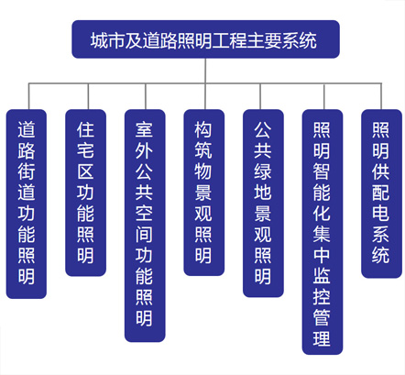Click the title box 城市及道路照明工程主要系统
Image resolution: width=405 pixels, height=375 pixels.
tap(205, 39)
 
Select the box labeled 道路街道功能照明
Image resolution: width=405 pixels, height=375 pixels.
tap(27, 204)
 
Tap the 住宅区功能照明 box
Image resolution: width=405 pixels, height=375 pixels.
tap(85, 193)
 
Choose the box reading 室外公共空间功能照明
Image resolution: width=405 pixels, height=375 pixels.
tap(145, 226)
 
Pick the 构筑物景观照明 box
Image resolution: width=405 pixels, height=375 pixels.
tap(203, 193)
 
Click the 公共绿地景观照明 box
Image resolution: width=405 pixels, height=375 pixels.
tap(263, 204)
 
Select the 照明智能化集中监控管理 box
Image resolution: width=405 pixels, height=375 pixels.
tap(323, 232)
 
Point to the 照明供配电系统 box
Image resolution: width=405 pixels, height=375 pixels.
tap(381, 193)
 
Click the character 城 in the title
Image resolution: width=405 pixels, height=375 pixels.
tap(99, 40)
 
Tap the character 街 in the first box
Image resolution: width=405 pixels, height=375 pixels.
tap(27, 171)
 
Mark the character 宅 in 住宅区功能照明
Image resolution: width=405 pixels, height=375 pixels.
tap(85, 150)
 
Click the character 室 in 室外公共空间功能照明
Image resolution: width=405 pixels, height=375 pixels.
tap(144, 129)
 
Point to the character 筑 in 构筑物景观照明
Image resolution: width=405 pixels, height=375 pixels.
tap(203, 150)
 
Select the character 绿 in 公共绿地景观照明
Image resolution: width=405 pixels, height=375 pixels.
tap(263, 171)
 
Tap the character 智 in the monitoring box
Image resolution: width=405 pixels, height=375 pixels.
tap(322, 171)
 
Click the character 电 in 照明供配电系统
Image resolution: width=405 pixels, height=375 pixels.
tap(380, 213)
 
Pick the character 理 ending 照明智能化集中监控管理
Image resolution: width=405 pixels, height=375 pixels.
tap(322, 338)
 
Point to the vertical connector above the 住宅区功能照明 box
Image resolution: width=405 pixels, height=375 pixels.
tap(88, 96)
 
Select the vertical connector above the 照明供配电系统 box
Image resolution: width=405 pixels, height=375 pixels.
tap(381, 96)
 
